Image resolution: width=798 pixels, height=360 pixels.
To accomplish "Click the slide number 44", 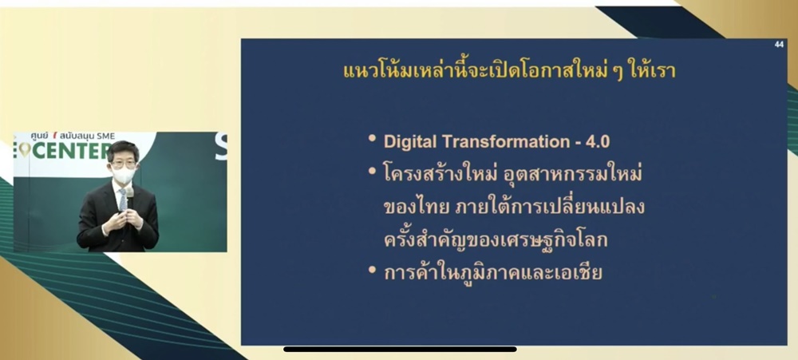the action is pyautogui.click(x=779, y=45).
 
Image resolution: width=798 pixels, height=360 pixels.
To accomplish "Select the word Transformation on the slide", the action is pyautogui.click(x=502, y=141).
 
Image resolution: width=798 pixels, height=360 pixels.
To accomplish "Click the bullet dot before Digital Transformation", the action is pyautogui.click(x=373, y=139).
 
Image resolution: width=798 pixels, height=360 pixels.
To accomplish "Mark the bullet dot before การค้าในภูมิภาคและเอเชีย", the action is pyautogui.click(x=373, y=269).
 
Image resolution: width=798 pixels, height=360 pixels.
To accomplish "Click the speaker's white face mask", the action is pyautogui.click(x=124, y=175).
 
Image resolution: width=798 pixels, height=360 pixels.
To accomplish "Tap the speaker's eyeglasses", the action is pyautogui.click(x=124, y=164).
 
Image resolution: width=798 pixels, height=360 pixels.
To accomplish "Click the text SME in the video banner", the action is pyautogui.click(x=105, y=136).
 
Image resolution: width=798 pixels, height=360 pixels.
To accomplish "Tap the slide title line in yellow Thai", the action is pyautogui.click(x=509, y=71).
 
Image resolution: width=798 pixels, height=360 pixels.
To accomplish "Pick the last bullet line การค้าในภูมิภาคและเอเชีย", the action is pyautogui.click(x=492, y=272).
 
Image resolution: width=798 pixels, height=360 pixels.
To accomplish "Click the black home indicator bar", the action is pyautogui.click(x=400, y=350).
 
